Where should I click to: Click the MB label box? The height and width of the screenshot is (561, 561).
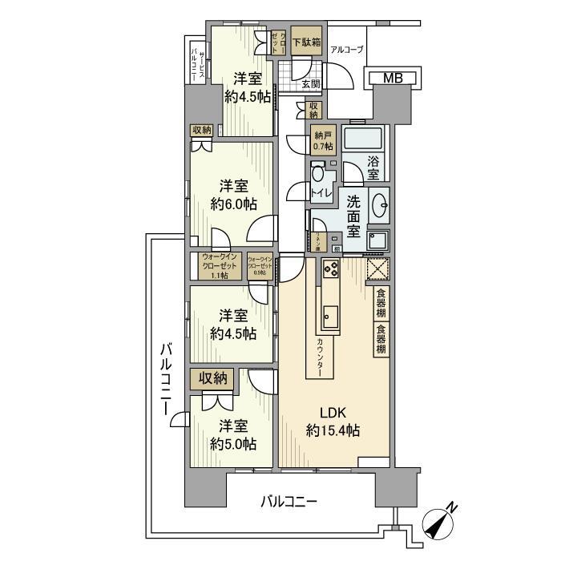(392, 78)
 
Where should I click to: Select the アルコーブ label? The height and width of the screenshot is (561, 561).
(346, 50)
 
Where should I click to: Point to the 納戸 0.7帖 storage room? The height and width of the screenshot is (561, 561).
(323, 140)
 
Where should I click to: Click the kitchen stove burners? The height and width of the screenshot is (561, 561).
(331, 270)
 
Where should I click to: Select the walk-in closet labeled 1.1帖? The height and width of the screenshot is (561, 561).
(214, 266)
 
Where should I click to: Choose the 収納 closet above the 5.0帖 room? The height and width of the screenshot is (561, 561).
(212, 377)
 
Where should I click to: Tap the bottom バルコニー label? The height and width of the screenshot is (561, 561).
(289, 502)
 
